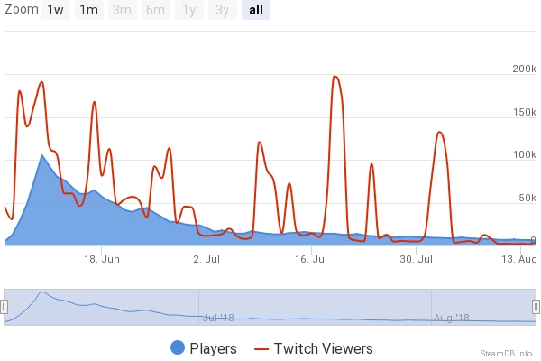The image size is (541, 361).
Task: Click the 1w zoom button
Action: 56,10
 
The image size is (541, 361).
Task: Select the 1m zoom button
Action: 88,10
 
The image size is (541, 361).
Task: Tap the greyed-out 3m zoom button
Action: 122,10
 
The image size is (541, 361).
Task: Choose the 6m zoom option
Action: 156,10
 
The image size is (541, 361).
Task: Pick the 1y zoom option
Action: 189,10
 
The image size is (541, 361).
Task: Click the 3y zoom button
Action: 222,10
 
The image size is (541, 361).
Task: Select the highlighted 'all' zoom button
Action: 255,10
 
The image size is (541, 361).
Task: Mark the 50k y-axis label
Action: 526,198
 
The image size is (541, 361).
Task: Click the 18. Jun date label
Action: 102,260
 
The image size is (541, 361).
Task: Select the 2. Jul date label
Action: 207,260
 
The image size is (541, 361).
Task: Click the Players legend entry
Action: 203,348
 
